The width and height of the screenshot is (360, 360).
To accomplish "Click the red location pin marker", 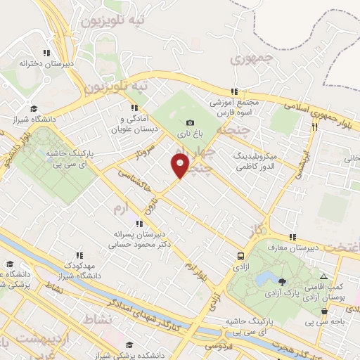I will tap(180, 167).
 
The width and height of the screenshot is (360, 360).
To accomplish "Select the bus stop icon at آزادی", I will tap(241, 257).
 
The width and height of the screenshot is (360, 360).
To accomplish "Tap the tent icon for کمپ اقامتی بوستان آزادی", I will tap(323, 276).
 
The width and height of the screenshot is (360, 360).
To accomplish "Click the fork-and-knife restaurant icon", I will tap(314, 127).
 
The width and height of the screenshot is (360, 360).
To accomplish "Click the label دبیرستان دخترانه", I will tap(46, 63).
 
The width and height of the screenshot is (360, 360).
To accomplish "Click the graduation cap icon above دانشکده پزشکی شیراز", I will tap(129, 345).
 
